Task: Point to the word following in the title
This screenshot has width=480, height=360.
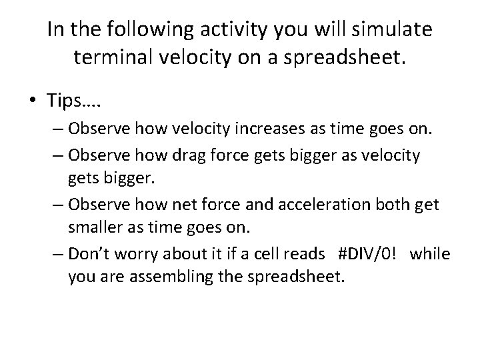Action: click(138, 30)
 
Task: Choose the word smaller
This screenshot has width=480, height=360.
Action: click(93, 228)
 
